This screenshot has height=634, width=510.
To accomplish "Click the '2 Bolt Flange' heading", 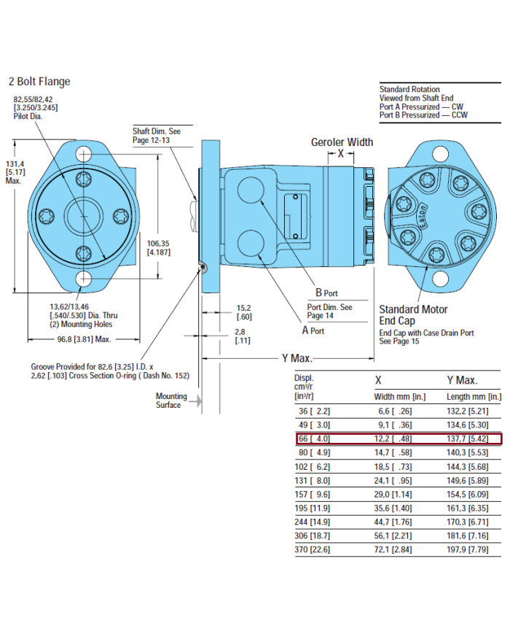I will pyautogui.click(x=40, y=82).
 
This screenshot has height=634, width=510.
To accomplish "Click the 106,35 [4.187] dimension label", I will pyautogui.click(x=159, y=247).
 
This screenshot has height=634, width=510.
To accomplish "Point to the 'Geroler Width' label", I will pyautogui.click(x=342, y=142).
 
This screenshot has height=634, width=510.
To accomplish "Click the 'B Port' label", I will pyautogui.click(x=326, y=293).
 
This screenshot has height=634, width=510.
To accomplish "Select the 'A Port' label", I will pyautogui.click(x=313, y=330).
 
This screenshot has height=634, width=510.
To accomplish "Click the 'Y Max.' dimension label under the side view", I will pyautogui.click(x=297, y=358).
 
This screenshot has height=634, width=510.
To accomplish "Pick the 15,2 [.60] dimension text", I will pyautogui.click(x=244, y=312).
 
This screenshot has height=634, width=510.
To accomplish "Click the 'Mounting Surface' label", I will pyautogui.click(x=171, y=401).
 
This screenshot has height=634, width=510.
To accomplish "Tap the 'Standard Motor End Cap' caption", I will pyautogui.click(x=413, y=315).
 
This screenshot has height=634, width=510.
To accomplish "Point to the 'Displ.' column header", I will pyautogui.click(x=304, y=378).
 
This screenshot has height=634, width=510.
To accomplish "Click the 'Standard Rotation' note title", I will pyautogui.click(x=409, y=89).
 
